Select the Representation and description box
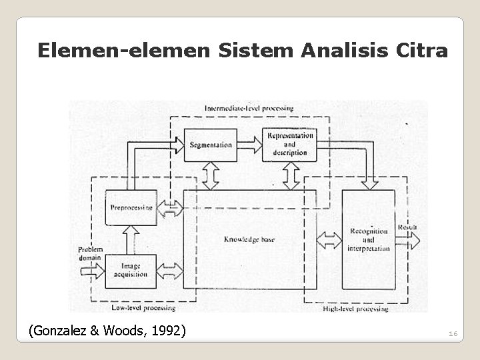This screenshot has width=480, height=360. [x=289, y=144]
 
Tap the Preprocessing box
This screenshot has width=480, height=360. [x=131, y=207]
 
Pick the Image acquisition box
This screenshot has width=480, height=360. [x=131, y=271]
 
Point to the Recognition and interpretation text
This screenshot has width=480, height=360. [x=368, y=240]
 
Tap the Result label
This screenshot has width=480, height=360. [x=407, y=227]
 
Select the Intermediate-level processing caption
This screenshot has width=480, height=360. [x=249, y=108]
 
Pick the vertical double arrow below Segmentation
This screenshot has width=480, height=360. [x=210, y=175]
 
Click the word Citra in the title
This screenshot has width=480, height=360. [x=421, y=51]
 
